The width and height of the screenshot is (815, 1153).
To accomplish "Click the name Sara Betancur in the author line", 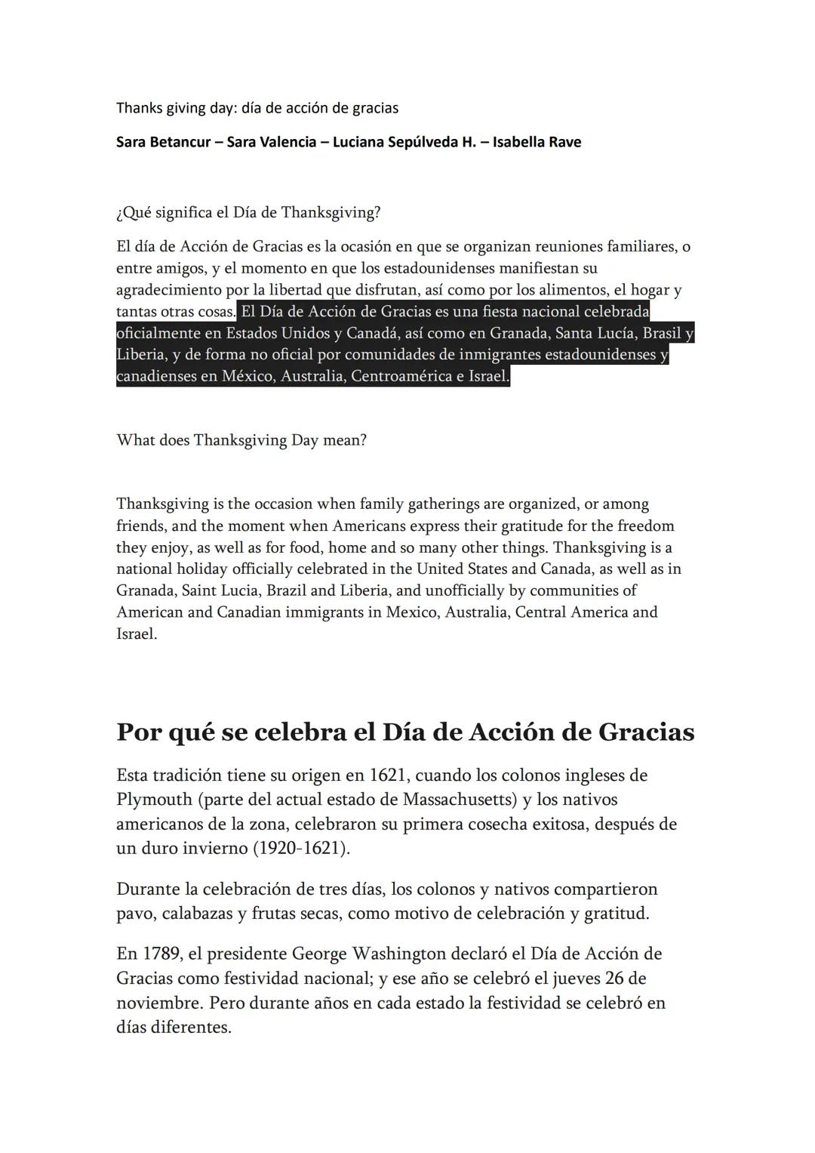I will [x=163, y=142].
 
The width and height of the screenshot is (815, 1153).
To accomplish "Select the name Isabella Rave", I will [x=537, y=142].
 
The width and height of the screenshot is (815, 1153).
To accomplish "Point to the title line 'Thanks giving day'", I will [x=257, y=108].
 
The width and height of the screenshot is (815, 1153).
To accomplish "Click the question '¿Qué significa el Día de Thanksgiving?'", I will [x=248, y=213].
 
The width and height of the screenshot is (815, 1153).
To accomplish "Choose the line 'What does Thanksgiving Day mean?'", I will [x=241, y=440].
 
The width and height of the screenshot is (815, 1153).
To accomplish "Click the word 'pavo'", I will [x=134, y=914].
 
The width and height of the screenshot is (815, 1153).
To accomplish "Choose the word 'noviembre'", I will [x=157, y=1003].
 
